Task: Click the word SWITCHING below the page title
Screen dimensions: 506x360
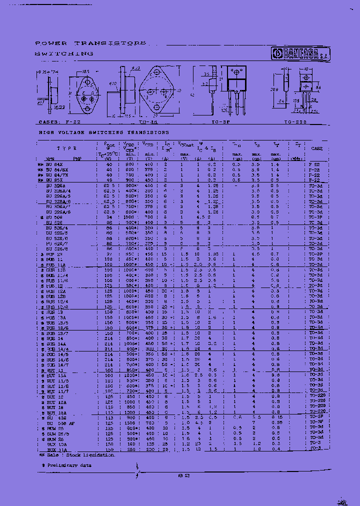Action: [64, 53]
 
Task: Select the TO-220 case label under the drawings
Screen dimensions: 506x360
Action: [295, 122]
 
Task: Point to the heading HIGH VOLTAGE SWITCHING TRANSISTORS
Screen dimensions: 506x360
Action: [104, 132]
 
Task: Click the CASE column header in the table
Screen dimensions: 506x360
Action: [317, 148]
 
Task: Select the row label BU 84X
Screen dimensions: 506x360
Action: [56, 164]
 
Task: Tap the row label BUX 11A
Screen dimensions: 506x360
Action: [56, 449]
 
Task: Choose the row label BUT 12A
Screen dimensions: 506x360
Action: [56, 402]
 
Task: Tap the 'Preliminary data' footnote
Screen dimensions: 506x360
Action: [66, 465]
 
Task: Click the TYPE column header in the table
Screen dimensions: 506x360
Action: [66, 148]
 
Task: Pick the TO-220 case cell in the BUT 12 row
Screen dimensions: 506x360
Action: [316, 396]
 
